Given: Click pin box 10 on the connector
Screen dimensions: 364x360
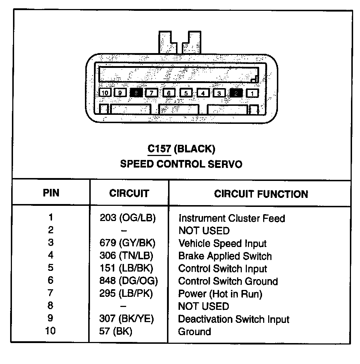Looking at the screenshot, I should point(105,93).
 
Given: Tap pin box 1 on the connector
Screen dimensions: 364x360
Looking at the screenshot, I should point(252,93).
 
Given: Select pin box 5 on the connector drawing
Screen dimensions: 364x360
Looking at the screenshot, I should point(186,93).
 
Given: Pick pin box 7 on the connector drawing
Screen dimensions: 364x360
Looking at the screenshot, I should point(152,93).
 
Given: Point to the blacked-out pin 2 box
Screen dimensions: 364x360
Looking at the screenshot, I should point(236,93).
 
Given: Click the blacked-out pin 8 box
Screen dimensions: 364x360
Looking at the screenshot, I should point(136,93).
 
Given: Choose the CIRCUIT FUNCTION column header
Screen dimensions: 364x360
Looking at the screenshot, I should point(261,194).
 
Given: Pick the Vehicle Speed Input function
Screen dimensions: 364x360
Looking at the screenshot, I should point(222,243).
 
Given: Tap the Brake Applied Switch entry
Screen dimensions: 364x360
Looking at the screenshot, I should point(225,256).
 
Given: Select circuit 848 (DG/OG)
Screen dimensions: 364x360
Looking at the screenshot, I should point(128,281).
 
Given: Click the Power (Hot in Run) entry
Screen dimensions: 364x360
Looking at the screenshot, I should point(220,294).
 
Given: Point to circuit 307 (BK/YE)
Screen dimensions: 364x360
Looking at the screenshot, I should point(127,319).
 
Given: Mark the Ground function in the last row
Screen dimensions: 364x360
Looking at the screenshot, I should point(194,331).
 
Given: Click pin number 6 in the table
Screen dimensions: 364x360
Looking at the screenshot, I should point(51,280).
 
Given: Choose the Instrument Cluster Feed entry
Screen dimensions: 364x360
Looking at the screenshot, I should point(232,218).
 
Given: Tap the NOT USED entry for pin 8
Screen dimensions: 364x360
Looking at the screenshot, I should point(204,306).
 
